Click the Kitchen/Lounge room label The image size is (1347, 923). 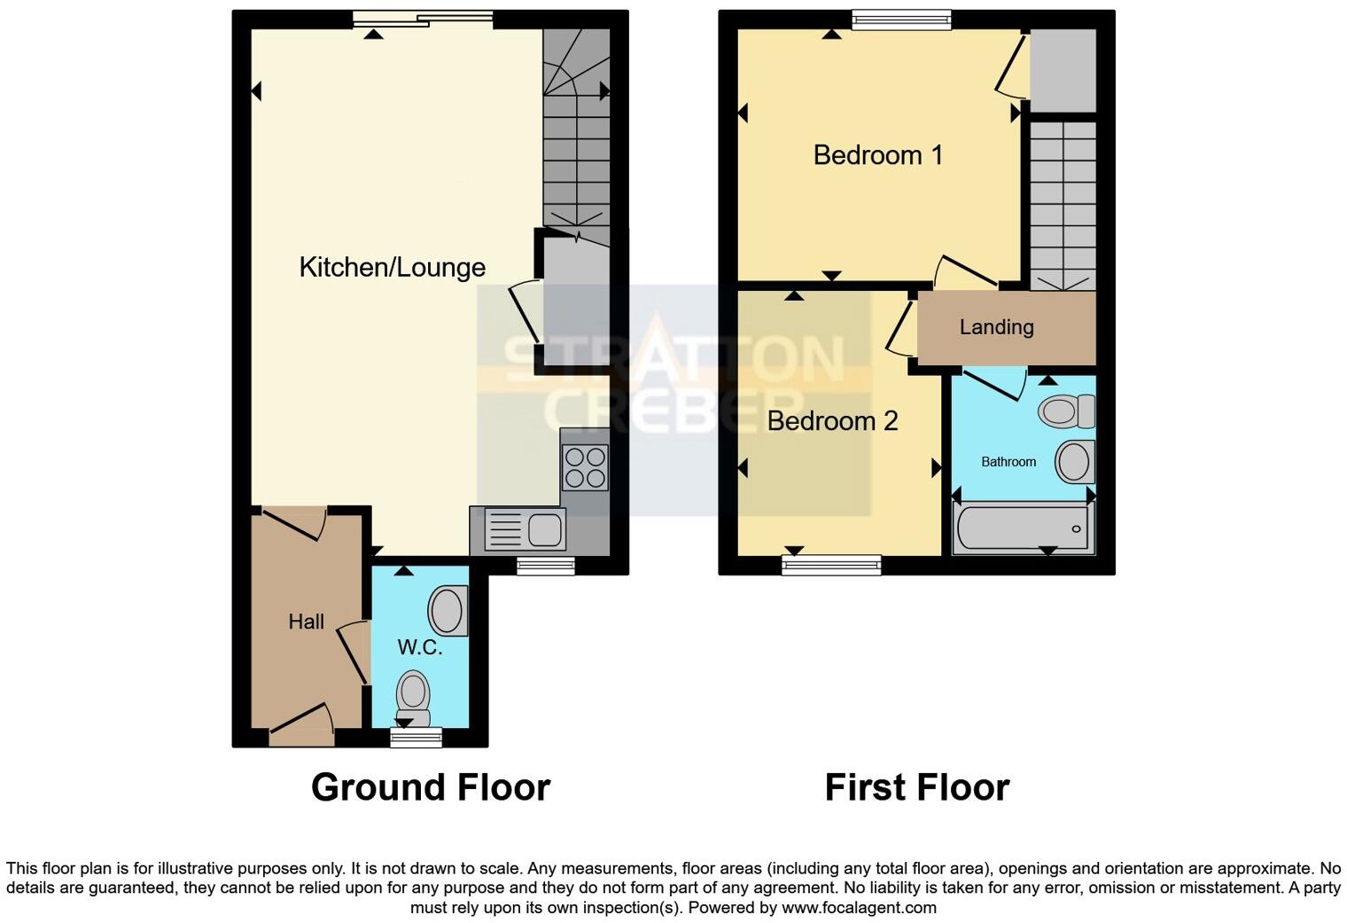pyautogui.click(x=392, y=267)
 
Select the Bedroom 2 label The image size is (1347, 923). pyautogui.click(x=832, y=420)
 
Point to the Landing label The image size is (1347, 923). pyautogui.click(x=996, y=327)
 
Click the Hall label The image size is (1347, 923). pyautogui.click(x=306, y=622)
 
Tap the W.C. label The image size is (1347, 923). pyautogui.click(x=419, y=647)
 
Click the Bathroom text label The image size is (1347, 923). pyautogui.click(x=1008, y=462)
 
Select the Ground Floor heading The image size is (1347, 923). pyautogui.click(x=431, y=787)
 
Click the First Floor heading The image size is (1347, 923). pyautogui.click(x=916, y=787)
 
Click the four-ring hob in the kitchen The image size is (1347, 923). pyautogui.click(x=585, y=467)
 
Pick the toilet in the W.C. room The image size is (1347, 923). pyautogui.click(x=413, y=697)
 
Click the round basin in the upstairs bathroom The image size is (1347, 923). pyautogui.click(x=1074, y=462)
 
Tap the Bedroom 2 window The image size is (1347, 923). pyautogui.click(x=831, y=564)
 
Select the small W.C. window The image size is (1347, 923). pyautogui.click(x=416, y=737)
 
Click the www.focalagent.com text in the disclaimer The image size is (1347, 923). pyautogui.click(x=858, y=908)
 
